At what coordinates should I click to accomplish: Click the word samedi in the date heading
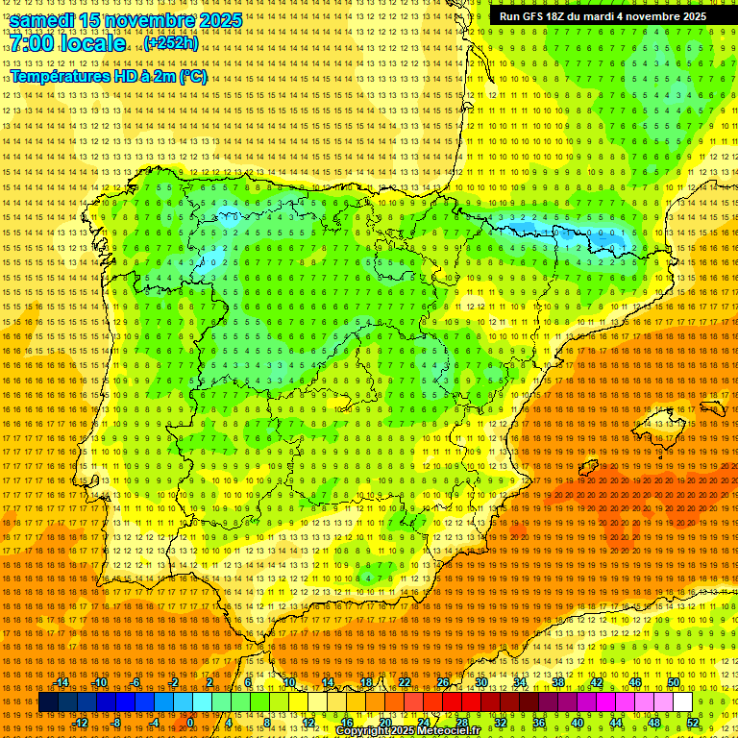42,20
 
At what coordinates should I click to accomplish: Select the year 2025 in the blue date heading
215,20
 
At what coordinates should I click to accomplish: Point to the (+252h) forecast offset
171,43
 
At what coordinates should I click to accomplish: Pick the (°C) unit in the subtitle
193,77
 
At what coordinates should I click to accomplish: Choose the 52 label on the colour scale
693,723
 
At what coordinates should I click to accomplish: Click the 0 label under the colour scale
190,723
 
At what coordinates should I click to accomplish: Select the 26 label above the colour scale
443,682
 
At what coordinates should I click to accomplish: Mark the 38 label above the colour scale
558,682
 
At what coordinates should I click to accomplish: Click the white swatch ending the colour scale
683,702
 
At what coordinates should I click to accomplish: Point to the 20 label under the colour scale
385,723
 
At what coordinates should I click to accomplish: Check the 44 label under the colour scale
616,723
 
